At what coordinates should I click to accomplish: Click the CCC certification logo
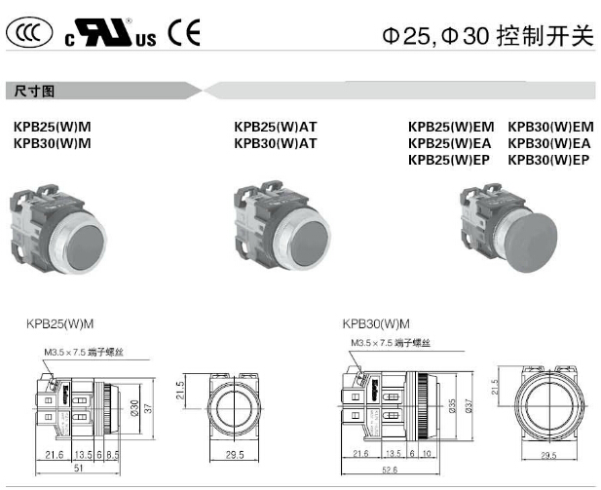click(27, 35)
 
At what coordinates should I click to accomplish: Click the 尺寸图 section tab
click(34, 91)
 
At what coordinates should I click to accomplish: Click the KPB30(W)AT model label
click(276, 143)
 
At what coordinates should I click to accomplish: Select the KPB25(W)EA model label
click(451, 143)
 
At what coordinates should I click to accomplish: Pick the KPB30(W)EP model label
click(550, 160)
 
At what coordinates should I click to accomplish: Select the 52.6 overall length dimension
click(390, 469)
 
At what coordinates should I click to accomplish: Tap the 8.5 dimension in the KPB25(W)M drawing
click(113, 454)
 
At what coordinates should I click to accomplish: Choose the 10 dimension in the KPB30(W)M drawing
click(428, 454)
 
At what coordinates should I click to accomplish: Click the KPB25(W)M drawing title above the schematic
click(66, 323)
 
